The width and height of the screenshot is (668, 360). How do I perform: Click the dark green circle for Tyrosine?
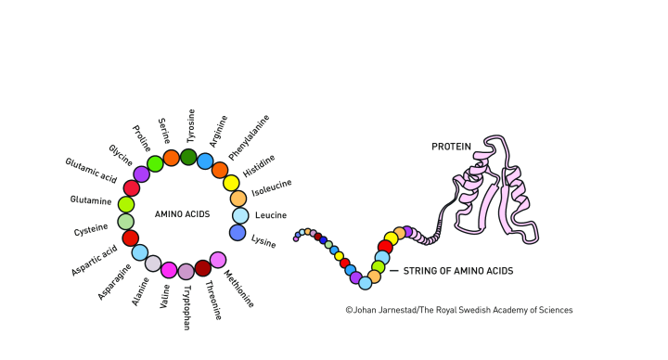click(188, 157)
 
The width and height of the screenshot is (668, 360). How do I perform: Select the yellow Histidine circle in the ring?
click(231, 183)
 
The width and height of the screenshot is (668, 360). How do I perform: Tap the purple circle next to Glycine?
click(141, 174)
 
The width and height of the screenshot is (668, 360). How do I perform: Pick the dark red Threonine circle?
click(203, 268)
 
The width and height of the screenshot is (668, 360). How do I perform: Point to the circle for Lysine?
click(238, 233)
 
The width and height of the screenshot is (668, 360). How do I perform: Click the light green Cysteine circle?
click(126, 222)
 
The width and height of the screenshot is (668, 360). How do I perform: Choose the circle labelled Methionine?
click(218, 260)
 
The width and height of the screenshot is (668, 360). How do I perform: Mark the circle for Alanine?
click(153, 264)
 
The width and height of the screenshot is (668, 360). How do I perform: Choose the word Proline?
click(142, 140)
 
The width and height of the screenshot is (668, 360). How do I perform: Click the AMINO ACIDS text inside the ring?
click(182, 214)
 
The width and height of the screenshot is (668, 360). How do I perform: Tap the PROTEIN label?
click(451, 147)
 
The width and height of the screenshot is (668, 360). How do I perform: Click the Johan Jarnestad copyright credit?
click(458, 310)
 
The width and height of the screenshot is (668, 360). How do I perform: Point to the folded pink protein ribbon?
click(496, 190)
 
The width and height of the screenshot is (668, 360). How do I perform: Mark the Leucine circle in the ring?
click(239, 215)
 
